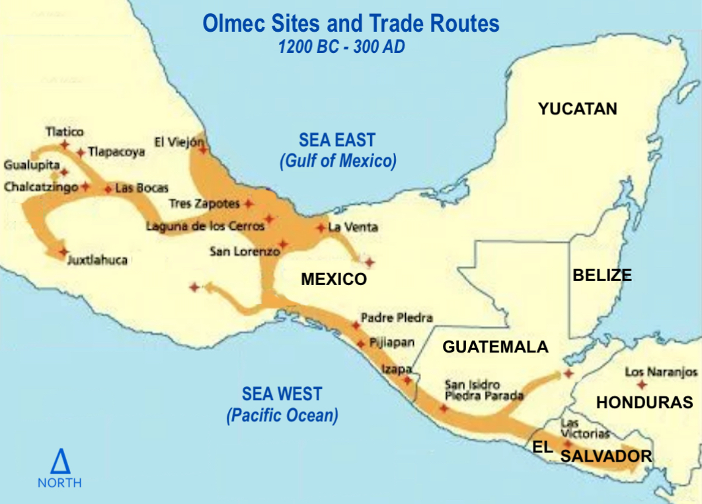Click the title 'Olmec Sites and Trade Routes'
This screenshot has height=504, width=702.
point(350,24)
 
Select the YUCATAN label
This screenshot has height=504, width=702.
point(577,108)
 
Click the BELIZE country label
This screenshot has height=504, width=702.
point(602,275)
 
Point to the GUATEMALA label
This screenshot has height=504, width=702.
point(495,347)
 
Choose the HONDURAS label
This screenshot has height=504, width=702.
point(644,402)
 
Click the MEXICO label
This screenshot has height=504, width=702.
point(333,279)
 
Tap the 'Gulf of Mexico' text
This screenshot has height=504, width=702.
point(338,161)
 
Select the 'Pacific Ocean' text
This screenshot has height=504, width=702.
point(282,415)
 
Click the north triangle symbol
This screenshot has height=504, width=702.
point(59,460)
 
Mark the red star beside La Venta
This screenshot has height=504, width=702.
point(321,228)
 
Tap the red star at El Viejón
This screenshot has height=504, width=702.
point(203,149)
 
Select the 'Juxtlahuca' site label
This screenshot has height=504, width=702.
point(97,260)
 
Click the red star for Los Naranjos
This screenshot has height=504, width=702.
point(640,384)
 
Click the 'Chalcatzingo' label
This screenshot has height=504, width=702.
point(41,187)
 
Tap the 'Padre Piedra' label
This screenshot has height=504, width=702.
point(397,317)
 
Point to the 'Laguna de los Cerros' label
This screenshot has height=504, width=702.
point(205,226)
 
